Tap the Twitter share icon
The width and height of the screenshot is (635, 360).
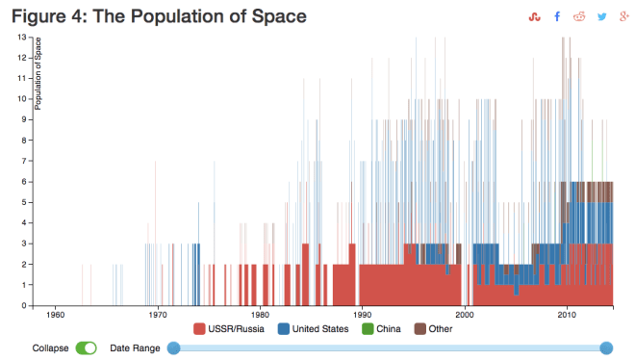tap(602, 16)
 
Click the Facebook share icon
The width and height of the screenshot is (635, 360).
tap(557, 16)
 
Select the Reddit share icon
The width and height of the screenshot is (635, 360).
tap(579, 16)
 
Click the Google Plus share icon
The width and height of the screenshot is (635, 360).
tap(625, 16)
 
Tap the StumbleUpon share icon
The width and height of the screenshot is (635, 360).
tap(535, 16)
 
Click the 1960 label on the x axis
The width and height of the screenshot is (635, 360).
tap(55, 316)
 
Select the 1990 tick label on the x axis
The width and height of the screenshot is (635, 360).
tap(362, 316)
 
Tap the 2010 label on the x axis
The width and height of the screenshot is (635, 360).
tap(567, 316)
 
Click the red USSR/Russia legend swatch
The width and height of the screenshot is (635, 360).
tap(200, 329)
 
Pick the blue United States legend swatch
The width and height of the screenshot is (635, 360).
tap(284, 329)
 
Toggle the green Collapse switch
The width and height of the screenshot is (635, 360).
tap(87, 347)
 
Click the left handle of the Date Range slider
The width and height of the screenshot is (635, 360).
tap(174, 347)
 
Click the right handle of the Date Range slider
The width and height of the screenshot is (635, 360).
tap(606, 347)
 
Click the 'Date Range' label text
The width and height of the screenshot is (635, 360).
tap(133, 347)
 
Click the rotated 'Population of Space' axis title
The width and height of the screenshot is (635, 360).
tap(38, 73)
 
